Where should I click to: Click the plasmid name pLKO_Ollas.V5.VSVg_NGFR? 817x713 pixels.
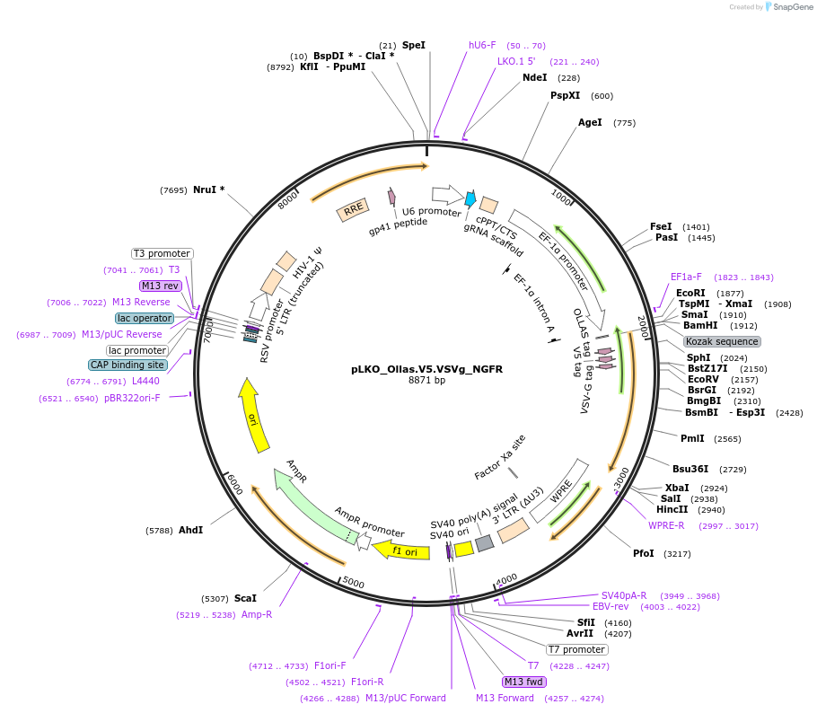coord(426,369)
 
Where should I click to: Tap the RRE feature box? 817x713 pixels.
coord(353,209)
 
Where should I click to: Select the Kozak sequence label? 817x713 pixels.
coord(722,341)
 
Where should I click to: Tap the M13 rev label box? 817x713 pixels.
coord(161,286)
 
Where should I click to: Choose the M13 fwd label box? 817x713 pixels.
coord(525,682)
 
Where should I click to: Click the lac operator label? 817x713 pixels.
coord(144,318)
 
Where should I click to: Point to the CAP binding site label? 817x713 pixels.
coord(127,365)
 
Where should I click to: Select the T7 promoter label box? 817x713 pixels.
coord(576,649)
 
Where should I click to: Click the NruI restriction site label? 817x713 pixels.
coord(208,189)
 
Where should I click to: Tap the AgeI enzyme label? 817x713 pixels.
coord(590,123)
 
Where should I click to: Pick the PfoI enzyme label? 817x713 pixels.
coord(644,553)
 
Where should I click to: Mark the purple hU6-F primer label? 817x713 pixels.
coord(482,45)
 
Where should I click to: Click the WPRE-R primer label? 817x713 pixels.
coord(667,525)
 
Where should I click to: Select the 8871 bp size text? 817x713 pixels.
coord(426,381)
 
